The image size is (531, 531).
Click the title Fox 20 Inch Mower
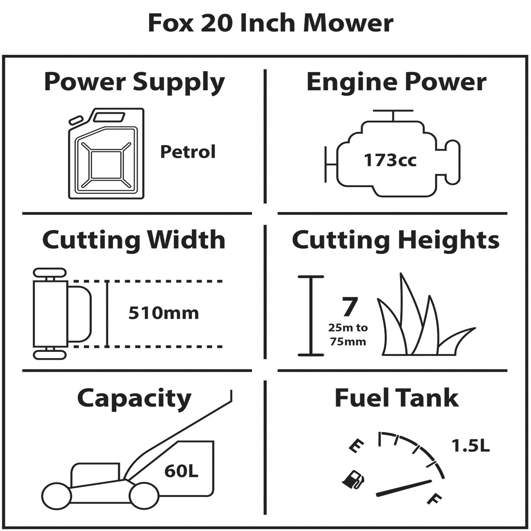270,23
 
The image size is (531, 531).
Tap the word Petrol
188,152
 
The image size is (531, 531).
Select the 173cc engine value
390,160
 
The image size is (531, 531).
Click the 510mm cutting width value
163,313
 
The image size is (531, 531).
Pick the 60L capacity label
181,471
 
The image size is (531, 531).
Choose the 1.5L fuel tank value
470,446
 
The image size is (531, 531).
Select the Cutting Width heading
134,240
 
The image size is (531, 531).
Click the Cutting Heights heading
396,240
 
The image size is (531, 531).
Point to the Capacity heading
134,398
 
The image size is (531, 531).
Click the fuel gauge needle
404,487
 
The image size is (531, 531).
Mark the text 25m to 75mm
348,335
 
